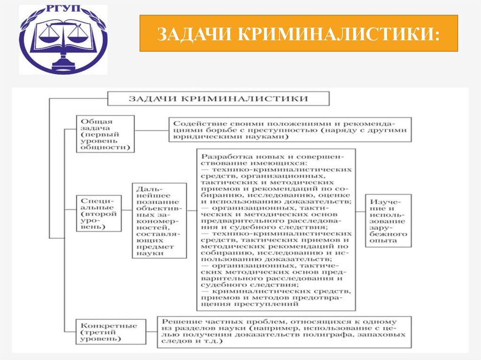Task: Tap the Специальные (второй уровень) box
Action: (98, 213)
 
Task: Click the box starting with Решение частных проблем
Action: (285, 332)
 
